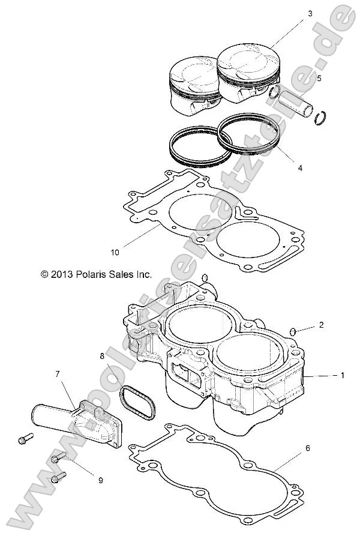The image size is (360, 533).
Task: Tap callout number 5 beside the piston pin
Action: coord(319,77)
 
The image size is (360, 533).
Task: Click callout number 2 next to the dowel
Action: coord(321,325)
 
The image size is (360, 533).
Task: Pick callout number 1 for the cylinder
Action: coord(342,376)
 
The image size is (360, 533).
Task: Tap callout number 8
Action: coord(102,357)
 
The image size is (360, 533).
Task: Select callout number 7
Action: coord(58,374)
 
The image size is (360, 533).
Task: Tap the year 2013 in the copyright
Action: coord(62,274)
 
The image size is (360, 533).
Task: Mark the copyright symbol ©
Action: coord(44,274)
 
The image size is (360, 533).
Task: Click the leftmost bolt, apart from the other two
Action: coord(25,439)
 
